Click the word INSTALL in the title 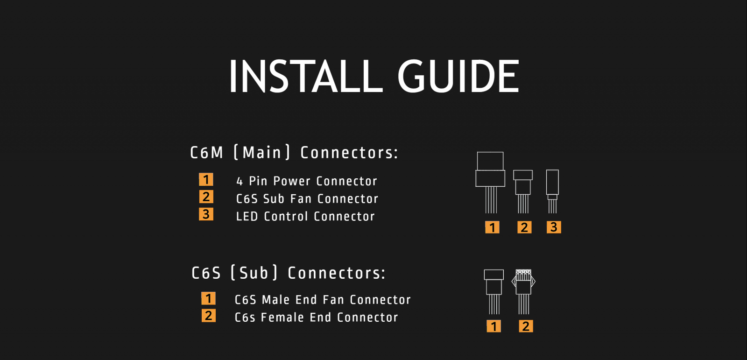(306, 76)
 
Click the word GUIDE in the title (458, 76)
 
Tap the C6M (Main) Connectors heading (294, 153)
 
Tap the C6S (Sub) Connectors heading (289, 273)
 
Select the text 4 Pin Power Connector (306, 181)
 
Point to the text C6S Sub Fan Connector (307, 199)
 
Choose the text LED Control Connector (305, 217)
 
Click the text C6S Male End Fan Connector (323, 300)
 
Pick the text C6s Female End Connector (316, 318)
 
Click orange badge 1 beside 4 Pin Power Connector (206, 179)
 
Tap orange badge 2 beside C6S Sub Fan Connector (206, 197)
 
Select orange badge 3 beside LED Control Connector (206, 214)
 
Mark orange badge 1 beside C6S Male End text (208, 298)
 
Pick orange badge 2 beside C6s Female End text (208, 316)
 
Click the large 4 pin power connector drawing (490, 178)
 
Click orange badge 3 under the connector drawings (554, 227)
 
